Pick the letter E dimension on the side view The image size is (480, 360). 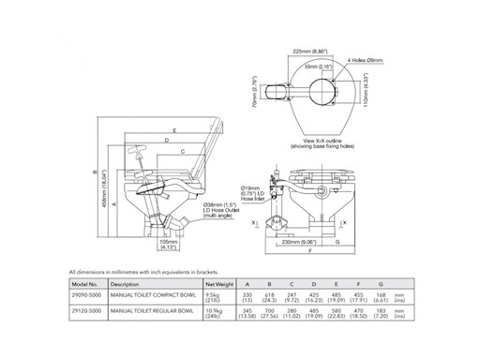[175, 130]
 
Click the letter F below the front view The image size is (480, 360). [310, 255]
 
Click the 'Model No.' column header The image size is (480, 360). [85, 281]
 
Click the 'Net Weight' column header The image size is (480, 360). [217, 281]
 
